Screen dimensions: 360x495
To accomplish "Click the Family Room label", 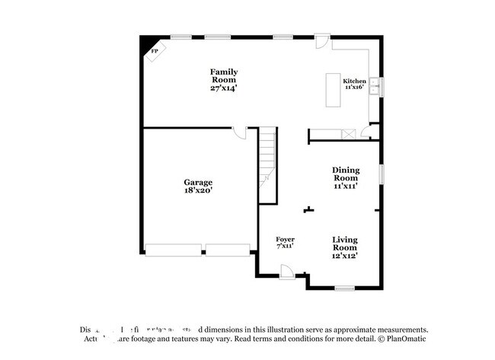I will pos(223,75).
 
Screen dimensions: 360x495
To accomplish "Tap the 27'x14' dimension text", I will pos(223,88).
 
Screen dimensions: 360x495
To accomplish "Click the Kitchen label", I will pos(355,81).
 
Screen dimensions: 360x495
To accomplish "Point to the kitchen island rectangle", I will pos(334,90).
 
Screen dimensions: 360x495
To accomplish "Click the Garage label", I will pos(198,182).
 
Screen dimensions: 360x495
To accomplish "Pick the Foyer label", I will pos(285,240).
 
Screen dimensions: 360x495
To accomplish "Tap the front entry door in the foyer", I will pos(287,270).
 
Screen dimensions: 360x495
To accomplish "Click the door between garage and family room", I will pos(241,134).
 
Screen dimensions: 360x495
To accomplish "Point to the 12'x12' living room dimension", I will pos(345,256).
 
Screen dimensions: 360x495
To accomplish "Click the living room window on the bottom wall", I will pos(345,288).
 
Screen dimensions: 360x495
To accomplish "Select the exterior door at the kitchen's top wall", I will pos(323,40).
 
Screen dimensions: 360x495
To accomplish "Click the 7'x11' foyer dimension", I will pos(285,247).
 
